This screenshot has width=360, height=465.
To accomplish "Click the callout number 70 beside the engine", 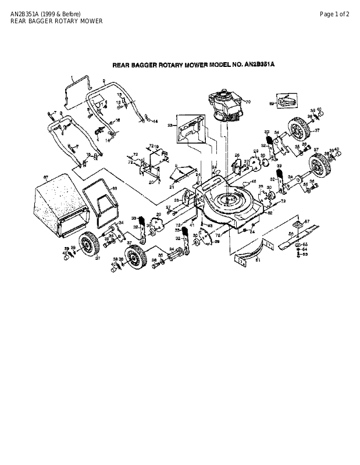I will coord(247,102).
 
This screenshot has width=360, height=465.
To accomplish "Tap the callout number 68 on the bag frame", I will coord(115,188).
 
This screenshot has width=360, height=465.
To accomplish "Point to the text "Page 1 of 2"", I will coord(334,13).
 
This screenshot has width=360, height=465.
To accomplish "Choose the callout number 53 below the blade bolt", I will coord(305,255).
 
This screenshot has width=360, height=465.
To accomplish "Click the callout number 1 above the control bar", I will coord(72,77).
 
